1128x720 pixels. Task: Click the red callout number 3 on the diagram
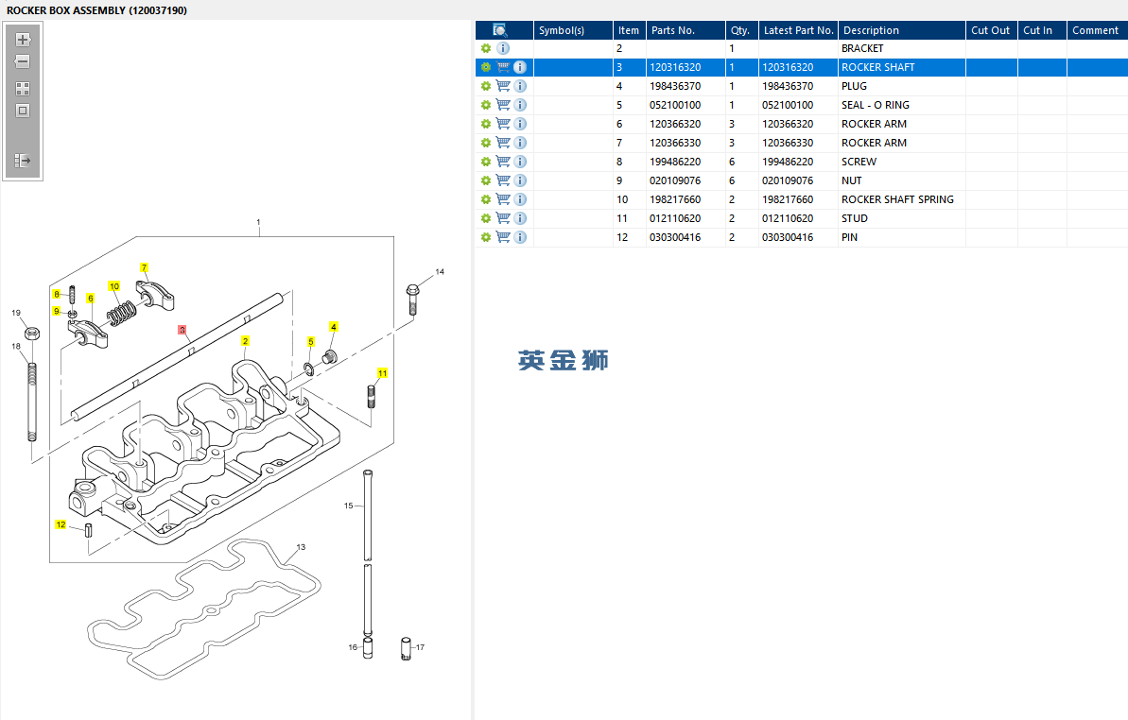[182, 331]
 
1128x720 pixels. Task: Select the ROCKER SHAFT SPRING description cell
[897, 199]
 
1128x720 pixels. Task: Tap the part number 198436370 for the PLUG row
[675, 86]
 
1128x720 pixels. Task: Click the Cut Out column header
[990, 30]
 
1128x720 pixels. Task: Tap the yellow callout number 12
[61, 524]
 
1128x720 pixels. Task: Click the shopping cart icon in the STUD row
[503, 218]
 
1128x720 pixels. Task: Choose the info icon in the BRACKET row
[503, 48]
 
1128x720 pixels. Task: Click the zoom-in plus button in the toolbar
[23, 40]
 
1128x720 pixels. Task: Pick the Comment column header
[1095, 30]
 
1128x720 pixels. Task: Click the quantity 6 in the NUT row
[732, 180]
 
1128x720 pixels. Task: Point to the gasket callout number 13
[301, 547]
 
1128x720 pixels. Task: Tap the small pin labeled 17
[406, 650]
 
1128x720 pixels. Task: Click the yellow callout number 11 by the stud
[383, 373]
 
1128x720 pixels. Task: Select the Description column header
[871, 30]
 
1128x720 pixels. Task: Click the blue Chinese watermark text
[564, 360]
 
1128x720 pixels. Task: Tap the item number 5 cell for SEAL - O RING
[620, 105]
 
